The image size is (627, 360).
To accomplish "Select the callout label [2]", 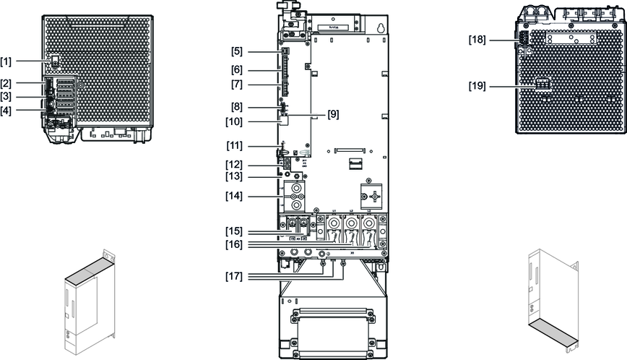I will pos(6,84).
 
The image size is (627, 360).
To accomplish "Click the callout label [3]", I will pos(6,97).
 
